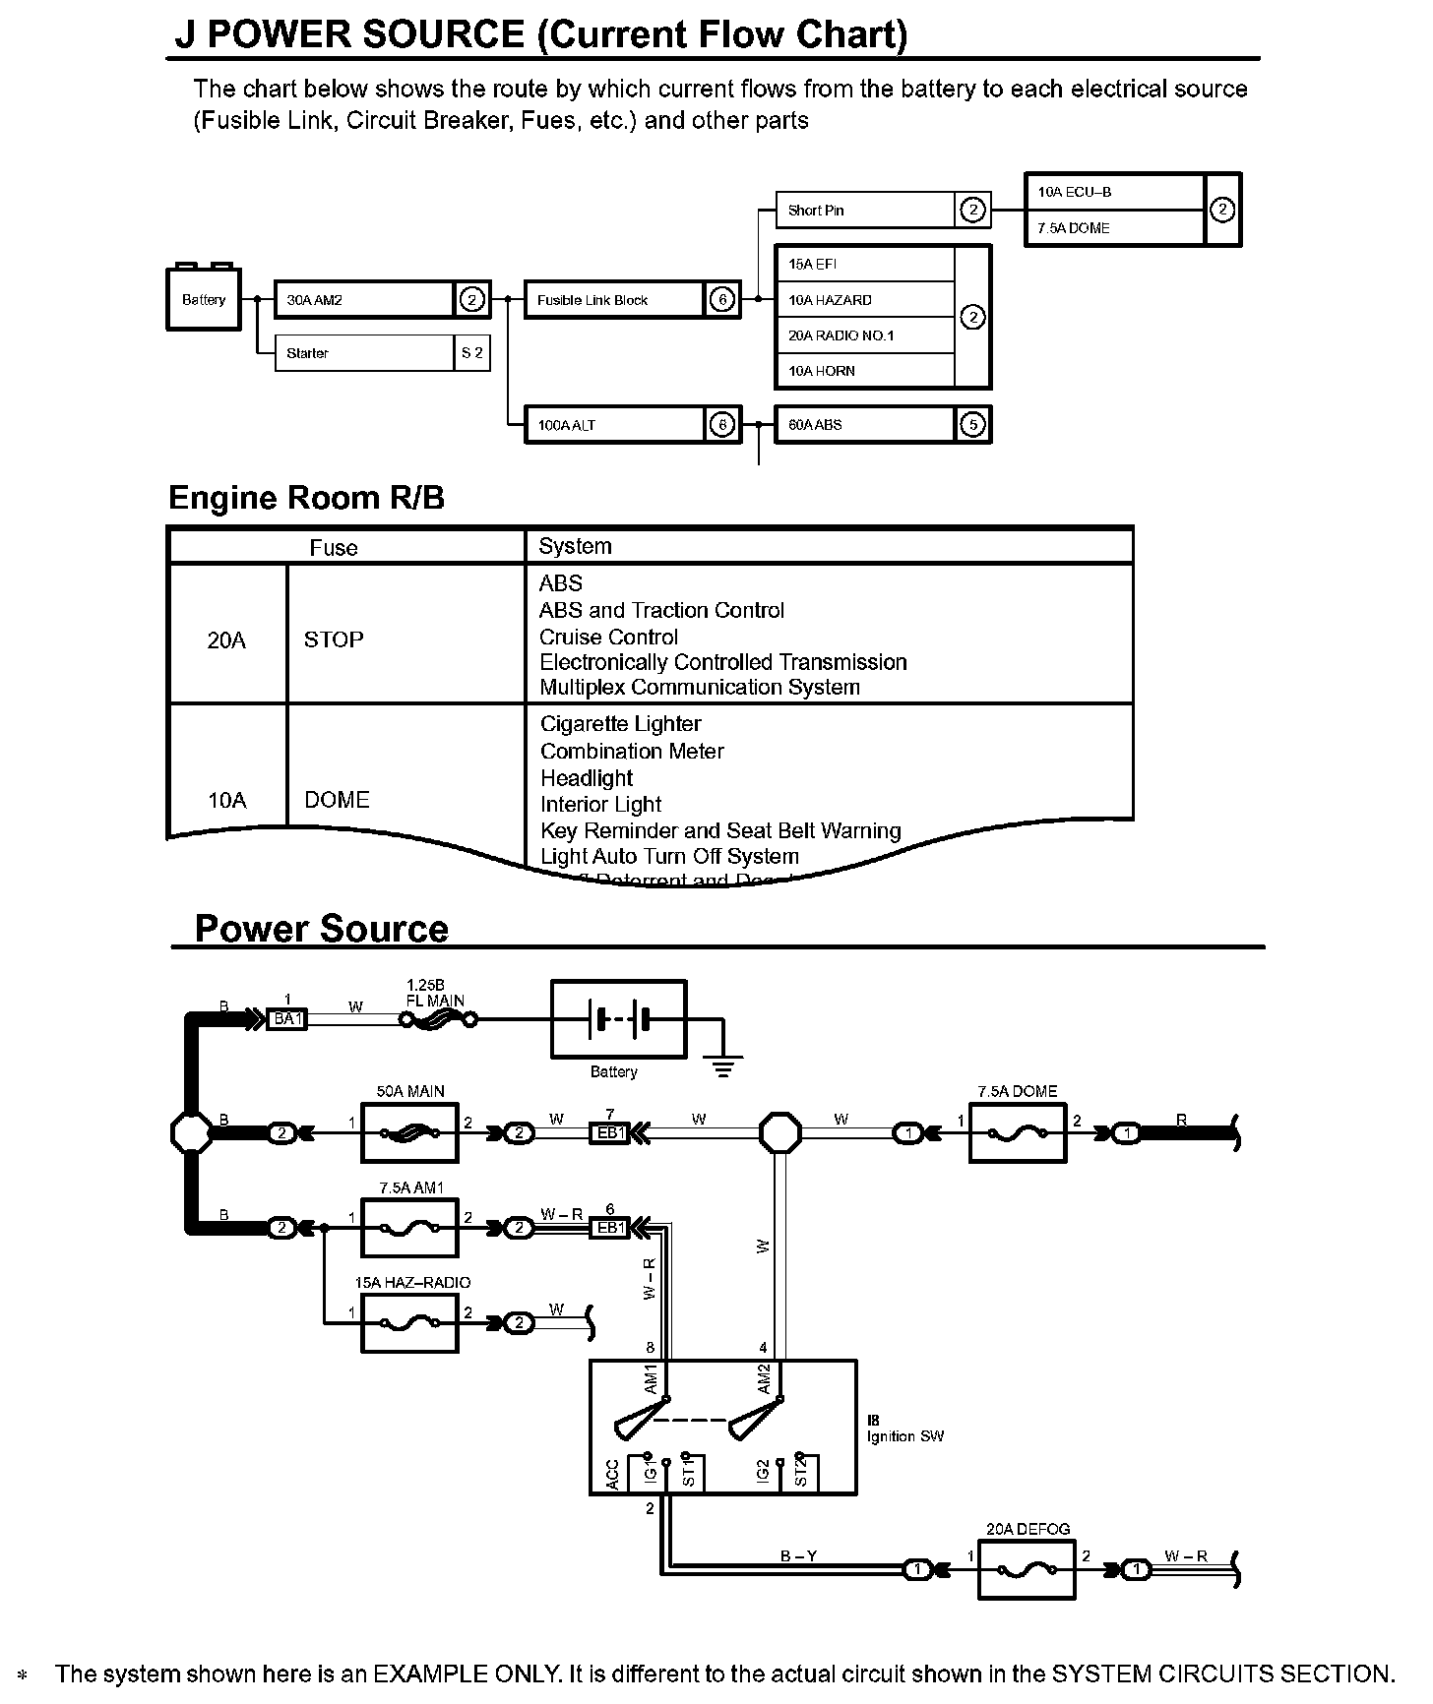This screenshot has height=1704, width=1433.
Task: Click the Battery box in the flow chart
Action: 204,299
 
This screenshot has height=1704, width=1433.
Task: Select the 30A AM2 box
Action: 364,300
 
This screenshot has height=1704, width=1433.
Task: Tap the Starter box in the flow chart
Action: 364,353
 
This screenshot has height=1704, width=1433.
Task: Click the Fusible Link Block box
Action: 614,300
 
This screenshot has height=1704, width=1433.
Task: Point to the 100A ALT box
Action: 614,425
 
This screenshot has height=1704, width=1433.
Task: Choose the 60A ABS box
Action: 864,425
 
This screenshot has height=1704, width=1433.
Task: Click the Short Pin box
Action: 864,210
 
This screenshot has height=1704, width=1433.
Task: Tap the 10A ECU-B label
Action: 1074,192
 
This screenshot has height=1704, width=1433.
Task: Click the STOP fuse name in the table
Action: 334,639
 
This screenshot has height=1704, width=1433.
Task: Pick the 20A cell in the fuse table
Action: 226,640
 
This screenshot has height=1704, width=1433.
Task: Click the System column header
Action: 575,546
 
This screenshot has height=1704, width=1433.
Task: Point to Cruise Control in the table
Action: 608,637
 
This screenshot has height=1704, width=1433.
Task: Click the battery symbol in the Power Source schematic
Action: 618,1019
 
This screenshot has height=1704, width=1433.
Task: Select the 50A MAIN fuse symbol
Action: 409,1133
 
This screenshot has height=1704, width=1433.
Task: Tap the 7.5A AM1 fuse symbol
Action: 409,1228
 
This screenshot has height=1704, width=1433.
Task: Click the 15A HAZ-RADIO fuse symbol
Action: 409,1323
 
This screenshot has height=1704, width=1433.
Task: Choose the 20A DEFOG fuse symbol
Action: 1027,1569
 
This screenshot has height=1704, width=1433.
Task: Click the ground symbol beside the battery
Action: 723,1065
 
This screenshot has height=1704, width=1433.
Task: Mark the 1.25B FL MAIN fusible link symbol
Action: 439,1020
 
